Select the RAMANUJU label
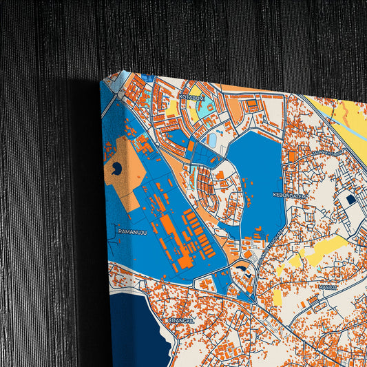pos(133,232)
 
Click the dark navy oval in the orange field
pos(116,167)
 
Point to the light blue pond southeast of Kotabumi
pos(212,140)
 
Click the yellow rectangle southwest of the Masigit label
pos(278,297)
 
